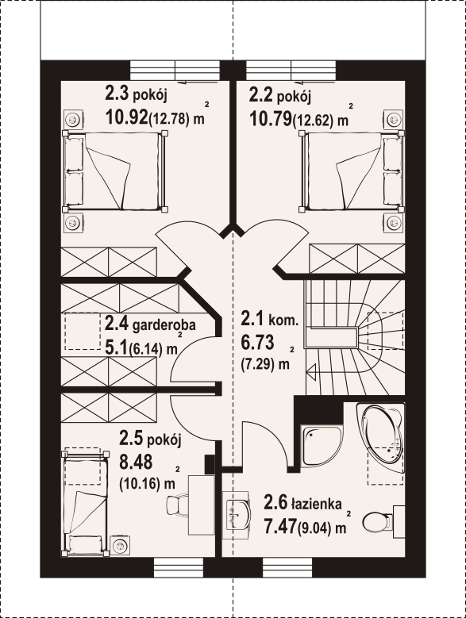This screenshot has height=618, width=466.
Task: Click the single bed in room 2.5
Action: click(x=85, y=503)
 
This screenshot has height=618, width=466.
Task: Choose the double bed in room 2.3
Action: click(x=115, y=171)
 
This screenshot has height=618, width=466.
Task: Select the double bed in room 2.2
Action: click(x=352, y=171)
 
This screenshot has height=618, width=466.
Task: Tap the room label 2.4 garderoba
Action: click(x=150, y=324)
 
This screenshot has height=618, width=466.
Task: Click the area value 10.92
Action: click(x=126, y=117)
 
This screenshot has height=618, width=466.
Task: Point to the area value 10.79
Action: click(x=271, y=117)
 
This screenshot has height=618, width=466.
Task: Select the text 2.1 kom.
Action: click(x=269, y=319)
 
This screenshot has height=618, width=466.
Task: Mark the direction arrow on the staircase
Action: click(x=311, y=371)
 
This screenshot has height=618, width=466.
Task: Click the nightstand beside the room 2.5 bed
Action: click(x=118, y=546)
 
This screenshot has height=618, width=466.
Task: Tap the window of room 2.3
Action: click(x=175, y=71)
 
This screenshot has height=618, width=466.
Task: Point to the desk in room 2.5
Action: click(x=202, y=505)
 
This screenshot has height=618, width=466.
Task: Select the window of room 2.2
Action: click(x=291, y=71)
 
